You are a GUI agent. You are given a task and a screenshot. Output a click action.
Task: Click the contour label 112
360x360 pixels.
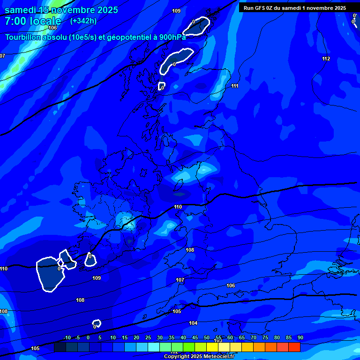pos(326,59)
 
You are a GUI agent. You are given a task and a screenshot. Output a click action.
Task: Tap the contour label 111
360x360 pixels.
pos(234,86)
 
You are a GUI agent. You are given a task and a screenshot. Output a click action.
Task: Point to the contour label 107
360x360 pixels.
pos(180,280)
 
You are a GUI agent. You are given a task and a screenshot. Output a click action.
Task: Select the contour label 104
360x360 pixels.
pos(193,323)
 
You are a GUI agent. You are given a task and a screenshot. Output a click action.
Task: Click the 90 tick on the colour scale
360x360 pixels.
pos(300,338)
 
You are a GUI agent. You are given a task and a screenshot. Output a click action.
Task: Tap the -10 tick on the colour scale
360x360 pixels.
pos(67,338)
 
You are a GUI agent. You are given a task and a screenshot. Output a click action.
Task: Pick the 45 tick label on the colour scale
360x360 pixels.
pos(195,338)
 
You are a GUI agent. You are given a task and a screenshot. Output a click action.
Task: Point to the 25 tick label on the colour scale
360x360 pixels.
pos(148,338)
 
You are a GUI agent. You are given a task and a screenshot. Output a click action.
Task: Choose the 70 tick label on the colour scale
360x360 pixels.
pos(254,338)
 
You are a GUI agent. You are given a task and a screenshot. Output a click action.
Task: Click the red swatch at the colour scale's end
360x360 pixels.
pos(294,347)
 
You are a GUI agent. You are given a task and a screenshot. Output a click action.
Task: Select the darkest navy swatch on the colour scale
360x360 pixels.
pos(60,347)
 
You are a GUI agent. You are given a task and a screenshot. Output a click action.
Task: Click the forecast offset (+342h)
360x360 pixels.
pos(83,21)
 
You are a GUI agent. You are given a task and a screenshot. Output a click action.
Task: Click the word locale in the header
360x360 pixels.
pos(45,21)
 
